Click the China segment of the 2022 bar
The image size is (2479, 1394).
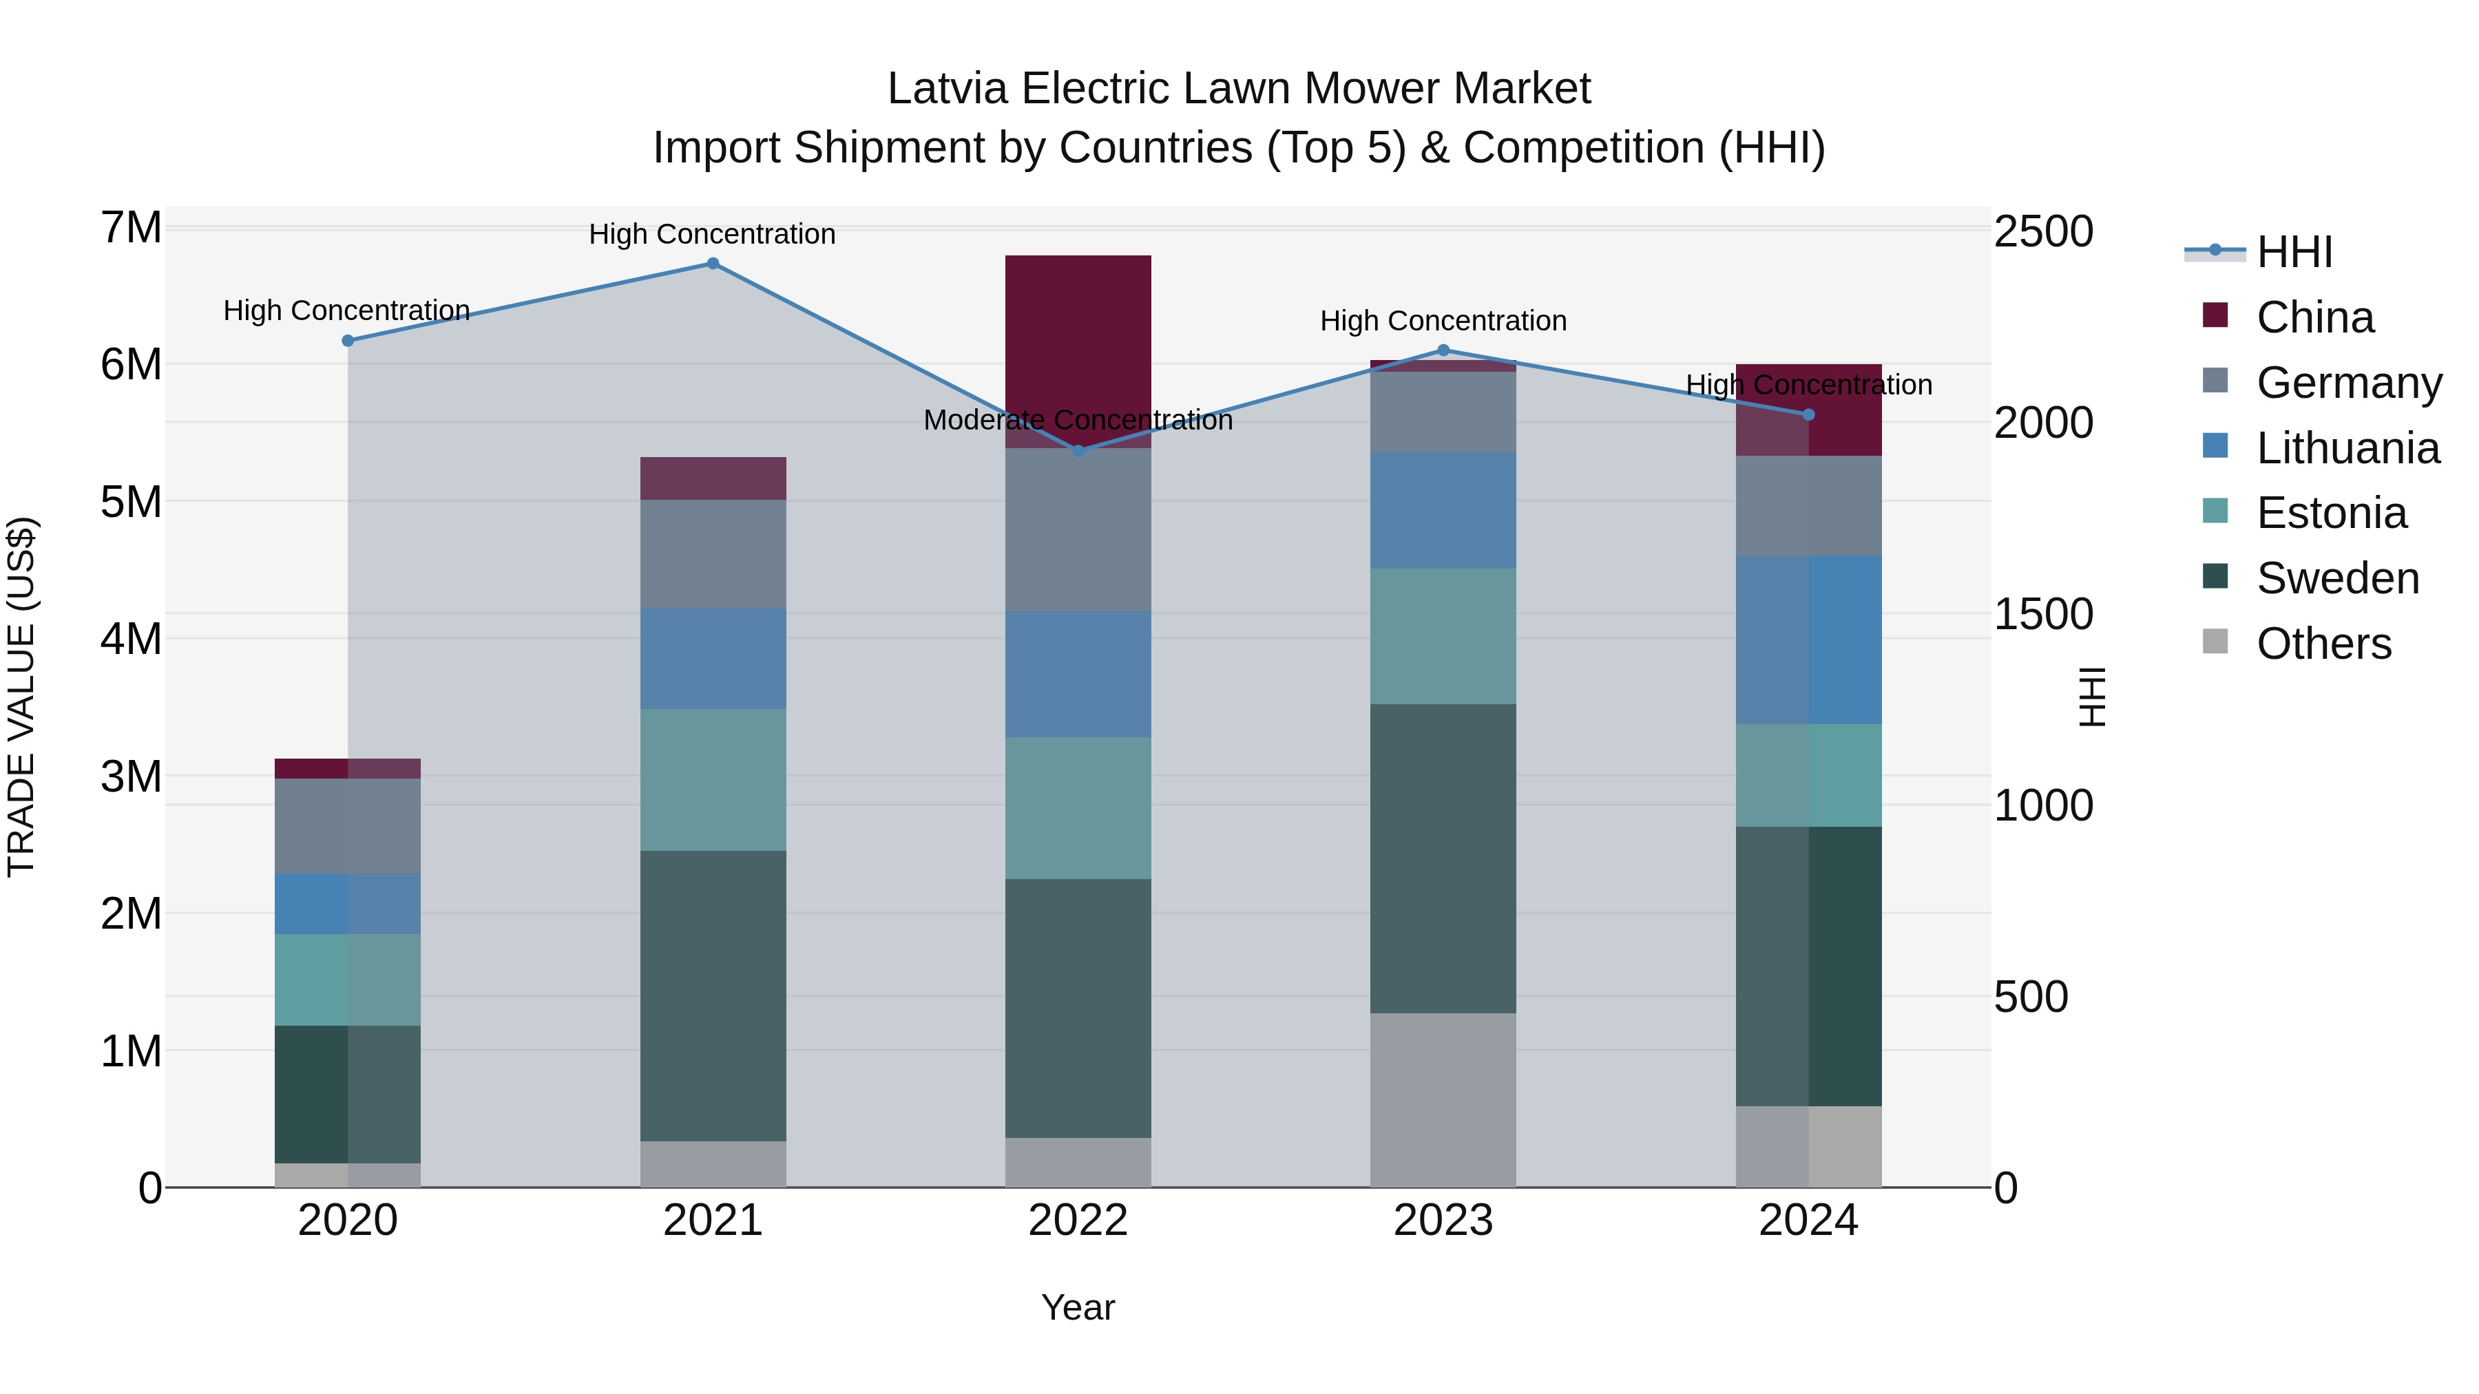1078,350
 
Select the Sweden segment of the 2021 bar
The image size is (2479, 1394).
713,995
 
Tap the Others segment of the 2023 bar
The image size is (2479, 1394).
1443,1099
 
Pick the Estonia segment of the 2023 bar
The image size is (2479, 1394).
1443,636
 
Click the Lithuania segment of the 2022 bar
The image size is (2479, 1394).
1078,673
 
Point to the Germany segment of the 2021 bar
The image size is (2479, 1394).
713,553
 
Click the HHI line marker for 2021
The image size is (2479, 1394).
713,264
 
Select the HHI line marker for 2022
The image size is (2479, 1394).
1078,450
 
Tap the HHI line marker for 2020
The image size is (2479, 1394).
348,341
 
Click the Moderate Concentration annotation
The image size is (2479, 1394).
1078,421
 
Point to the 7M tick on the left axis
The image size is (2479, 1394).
131,228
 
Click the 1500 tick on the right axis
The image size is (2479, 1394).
2042,614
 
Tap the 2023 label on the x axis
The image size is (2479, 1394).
1443,1221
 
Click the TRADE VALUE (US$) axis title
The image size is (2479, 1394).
21,697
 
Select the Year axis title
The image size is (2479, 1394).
1078,1307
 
